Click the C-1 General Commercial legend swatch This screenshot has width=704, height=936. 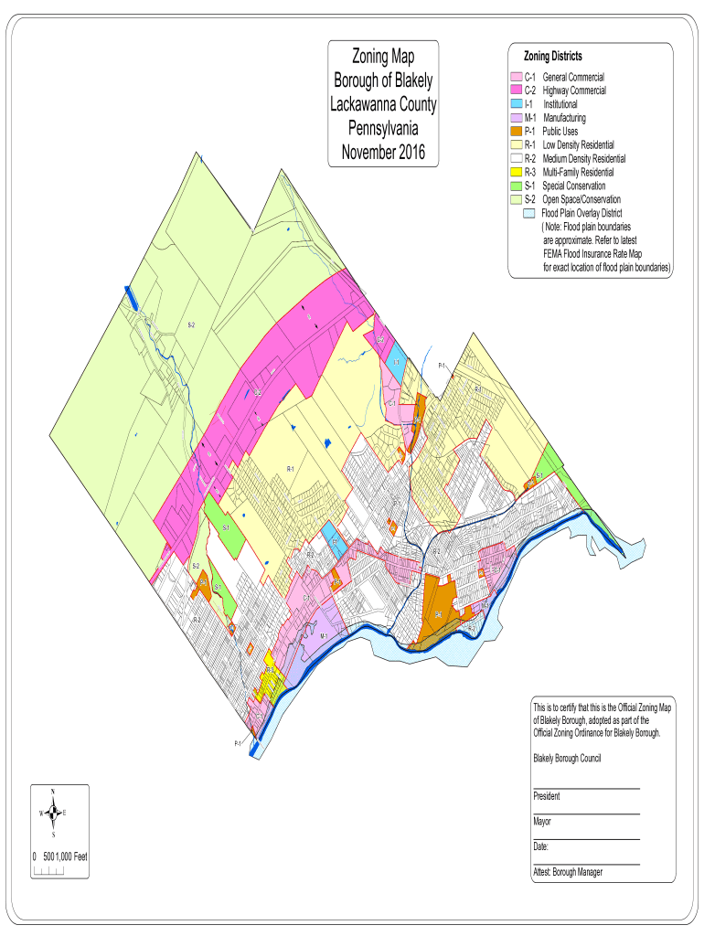[517, 78]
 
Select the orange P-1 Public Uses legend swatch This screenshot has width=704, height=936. [517, 132]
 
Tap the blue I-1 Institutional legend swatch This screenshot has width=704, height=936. [517, 105]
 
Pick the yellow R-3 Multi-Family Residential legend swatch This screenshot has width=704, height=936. [517, 172]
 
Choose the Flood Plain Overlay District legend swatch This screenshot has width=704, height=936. [528, 213]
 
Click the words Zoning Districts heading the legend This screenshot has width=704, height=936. [552, 57]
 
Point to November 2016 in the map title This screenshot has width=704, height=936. [383, 152]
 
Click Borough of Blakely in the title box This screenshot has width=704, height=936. [383, 80]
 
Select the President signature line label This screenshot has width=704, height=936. [547, 796]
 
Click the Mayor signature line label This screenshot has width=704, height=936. [542, 822]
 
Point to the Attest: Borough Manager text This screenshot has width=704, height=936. [568, 872]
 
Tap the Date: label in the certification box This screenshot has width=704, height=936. [540, 846]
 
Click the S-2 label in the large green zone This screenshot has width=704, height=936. [191, 324]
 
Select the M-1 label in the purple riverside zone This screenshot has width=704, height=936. [324, 636]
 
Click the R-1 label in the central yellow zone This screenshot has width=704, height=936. [290, 469]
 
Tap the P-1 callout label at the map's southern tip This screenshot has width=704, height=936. [238, 743]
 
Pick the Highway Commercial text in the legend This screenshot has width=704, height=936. [574, 91]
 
